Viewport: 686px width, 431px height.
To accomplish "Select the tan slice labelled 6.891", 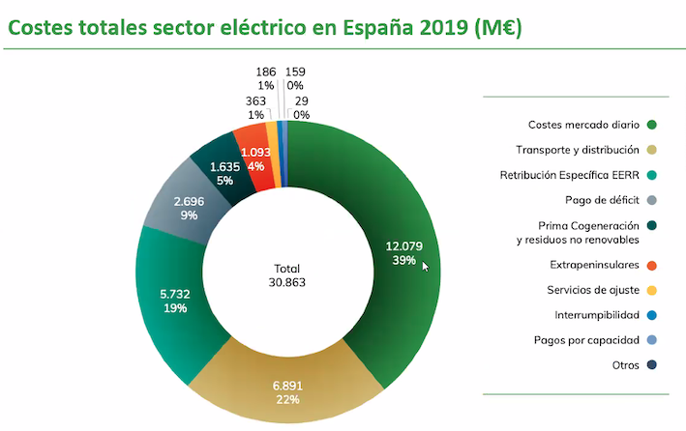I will point(287,387).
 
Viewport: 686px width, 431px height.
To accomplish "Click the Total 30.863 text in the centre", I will point(286,275).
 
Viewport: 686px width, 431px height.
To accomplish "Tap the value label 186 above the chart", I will point(265,72).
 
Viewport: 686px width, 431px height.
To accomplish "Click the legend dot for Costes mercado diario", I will point(652,125).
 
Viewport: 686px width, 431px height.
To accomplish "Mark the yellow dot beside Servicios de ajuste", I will point(652,288).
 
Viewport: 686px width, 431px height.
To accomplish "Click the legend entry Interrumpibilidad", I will point(590,313).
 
